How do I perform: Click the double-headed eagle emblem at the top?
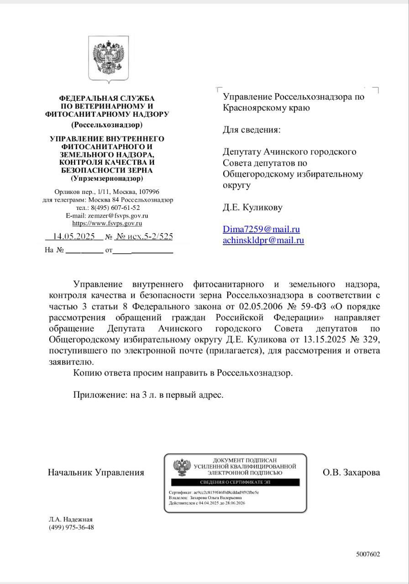tap(109, 59)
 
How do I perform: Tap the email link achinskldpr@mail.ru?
tap(263, 240)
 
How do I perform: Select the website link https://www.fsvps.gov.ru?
tap(107, 223)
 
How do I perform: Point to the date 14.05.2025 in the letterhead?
tap(73, 236)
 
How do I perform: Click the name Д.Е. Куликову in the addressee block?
tap(252, 207)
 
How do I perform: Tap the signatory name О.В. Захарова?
tap(351, 472)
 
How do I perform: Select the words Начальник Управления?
tap(96, 472)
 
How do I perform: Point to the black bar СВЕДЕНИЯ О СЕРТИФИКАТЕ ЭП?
tap(235, 482)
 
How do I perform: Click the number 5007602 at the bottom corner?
tap(368, 554)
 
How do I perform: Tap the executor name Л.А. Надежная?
tap(71, 519)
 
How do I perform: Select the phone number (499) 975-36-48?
tap(71, 527)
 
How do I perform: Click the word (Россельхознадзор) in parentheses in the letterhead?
tap(107, 124)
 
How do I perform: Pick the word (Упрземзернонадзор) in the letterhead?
tap(107, 177)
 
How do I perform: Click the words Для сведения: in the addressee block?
tap(252, 130)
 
